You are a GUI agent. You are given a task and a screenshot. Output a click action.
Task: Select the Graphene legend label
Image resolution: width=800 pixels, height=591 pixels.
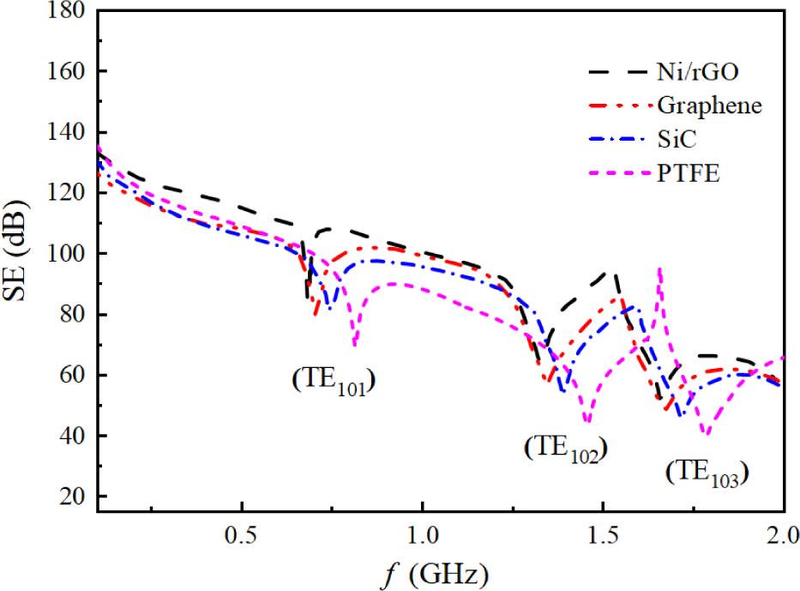[709, 106]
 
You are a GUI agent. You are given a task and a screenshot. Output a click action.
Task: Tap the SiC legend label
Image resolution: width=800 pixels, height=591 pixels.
[675, 140]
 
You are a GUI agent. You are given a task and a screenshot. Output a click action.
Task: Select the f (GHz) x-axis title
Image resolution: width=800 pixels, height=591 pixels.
[437, 571]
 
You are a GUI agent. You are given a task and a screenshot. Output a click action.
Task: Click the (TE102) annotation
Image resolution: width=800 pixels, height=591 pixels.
[565, 449]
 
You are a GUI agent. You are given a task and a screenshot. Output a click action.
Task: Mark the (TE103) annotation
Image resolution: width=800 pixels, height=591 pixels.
[707, 473]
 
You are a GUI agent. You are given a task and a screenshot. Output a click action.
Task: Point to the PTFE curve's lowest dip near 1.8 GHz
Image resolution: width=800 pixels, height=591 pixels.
[706, 434]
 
